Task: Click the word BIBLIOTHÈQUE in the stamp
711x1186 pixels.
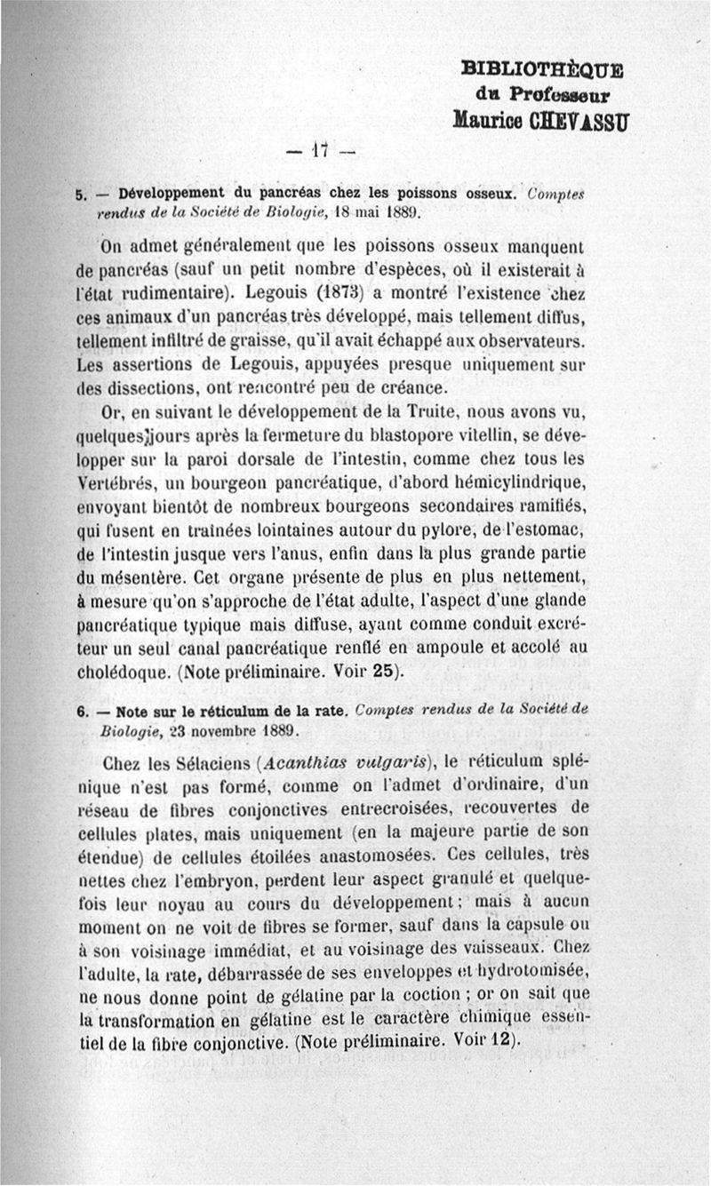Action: click(x=543, y=70)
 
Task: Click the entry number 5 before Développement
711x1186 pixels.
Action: click(x=80, y=193)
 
